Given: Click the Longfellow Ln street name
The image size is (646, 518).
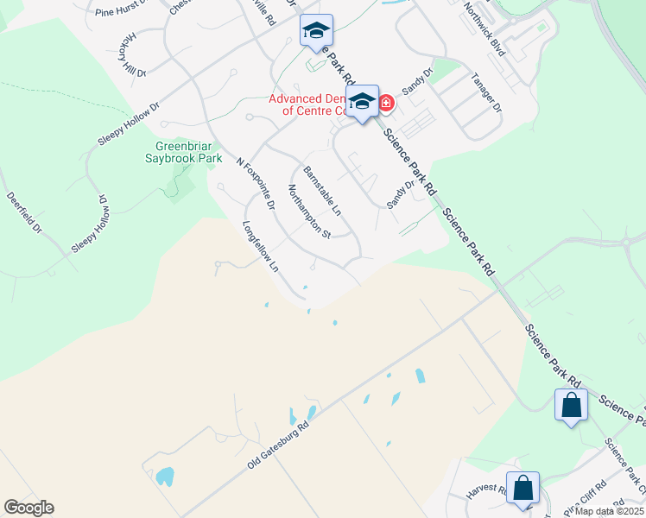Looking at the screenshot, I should (x=262, y=249).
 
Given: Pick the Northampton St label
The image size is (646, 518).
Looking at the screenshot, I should (x=308, y=212).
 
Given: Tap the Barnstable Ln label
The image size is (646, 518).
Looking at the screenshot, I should (x=322, y=189).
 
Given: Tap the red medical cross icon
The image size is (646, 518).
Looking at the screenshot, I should (x=385, y=104).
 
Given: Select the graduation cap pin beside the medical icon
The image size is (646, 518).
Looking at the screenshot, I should (x=362, y=101).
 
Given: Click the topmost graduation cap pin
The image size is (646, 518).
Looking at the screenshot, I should (x=316, y=31).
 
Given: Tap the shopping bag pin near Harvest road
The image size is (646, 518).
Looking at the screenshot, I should (x=522, y=488).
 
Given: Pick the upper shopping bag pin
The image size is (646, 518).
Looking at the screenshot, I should (x=571, y=404).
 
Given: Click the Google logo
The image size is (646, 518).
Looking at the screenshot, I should (x=28, y=508).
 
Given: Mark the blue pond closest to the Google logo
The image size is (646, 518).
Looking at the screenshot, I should (x=164, y=475).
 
